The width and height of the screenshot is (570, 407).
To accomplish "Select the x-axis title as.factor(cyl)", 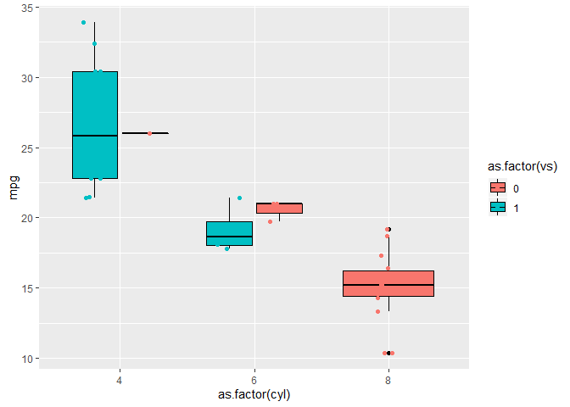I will [x=254, y=395].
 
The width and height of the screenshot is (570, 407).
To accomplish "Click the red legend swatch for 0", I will [x=497, y=187].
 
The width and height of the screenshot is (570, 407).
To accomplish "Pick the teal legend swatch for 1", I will [x=497, y=206].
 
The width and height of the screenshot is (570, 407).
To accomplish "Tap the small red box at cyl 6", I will [x=279, y=208].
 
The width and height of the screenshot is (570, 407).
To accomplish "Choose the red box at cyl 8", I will [x=388, y=283].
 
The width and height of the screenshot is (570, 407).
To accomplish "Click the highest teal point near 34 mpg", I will [x=83, y=22].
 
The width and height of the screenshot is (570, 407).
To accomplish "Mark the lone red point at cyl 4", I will [x=149, y=133].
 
